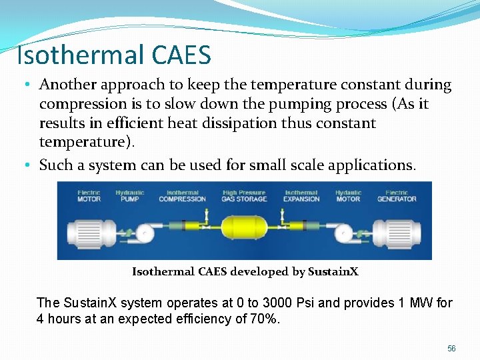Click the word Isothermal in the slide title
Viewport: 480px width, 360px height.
click(73, 54)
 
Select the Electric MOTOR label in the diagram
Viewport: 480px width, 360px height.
click(89, 196)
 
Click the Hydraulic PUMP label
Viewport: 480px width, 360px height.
click(130, 196)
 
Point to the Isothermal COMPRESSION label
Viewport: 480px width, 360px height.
click(182, 196)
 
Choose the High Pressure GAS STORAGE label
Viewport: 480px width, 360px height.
click(244, 196)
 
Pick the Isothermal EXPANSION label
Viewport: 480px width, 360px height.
click(301, 196)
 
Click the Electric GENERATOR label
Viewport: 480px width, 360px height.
click(397, 196)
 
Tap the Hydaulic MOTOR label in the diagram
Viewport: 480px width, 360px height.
click(349, 196)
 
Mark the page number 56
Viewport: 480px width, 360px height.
click(451, 349)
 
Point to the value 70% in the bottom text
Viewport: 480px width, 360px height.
click(263, 319)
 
